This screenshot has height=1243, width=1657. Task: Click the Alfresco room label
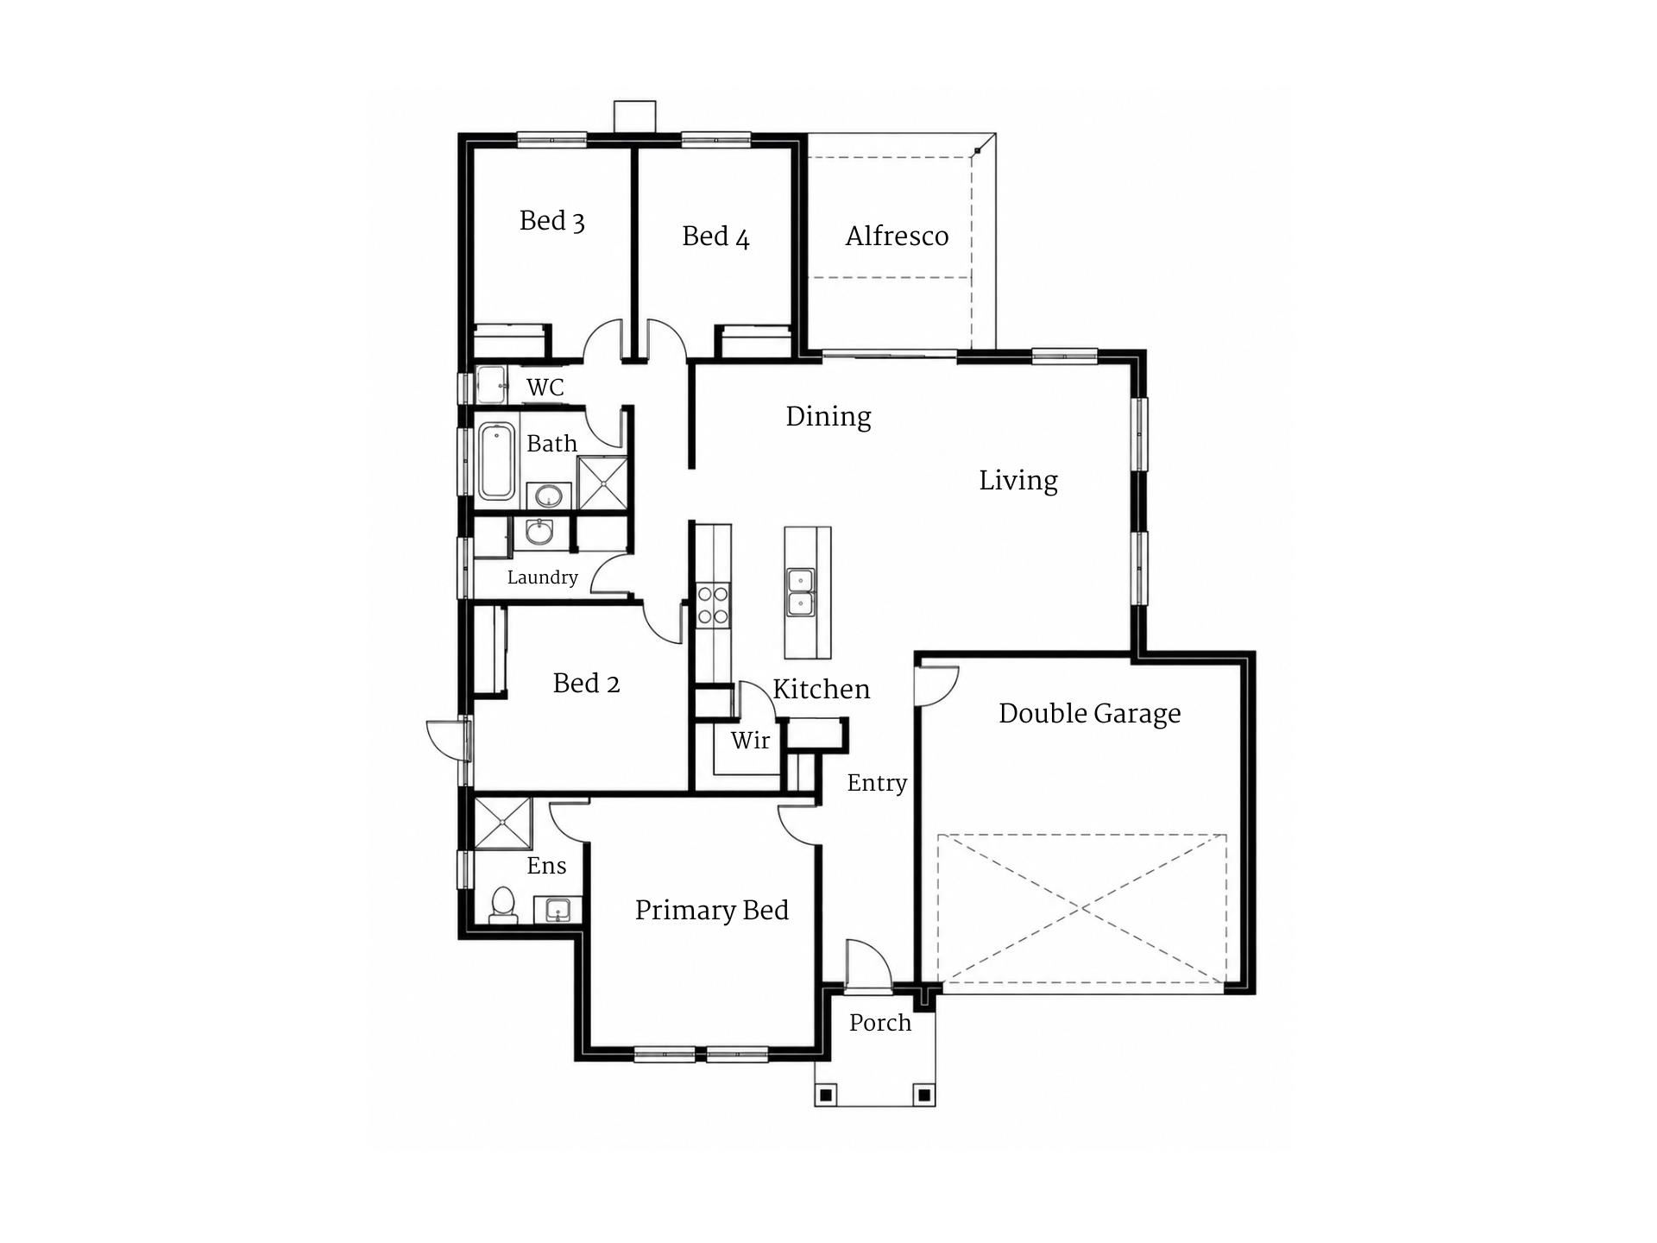(897, 236)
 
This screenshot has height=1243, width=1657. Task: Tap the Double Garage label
(1089, 714)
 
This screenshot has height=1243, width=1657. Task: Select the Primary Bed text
(712, 911)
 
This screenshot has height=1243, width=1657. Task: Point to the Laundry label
(542, 577)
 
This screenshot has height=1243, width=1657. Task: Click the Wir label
(750, 740)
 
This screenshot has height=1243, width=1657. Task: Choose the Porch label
(880, 1023)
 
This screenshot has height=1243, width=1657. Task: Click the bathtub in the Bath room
(496, 461)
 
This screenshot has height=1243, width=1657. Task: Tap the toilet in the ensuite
(502, 905)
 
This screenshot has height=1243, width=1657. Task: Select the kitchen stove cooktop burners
(713, 604)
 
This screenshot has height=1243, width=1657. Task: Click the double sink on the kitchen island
(800, 592)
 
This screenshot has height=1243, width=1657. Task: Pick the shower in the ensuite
(502, 823)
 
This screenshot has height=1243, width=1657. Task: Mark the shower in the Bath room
(602, 483)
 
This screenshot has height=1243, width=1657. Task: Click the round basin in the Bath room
(549, 496)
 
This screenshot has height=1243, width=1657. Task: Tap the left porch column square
(826, 1095)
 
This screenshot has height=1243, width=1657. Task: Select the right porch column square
(923, 1095)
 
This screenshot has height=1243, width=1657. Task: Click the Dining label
(828, 417)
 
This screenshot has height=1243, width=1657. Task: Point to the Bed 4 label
(715, 237)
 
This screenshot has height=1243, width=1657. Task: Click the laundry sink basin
(540, 532)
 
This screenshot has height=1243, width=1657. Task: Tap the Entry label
(877, 784)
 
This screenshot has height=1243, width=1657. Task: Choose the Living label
(1018, 481)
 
